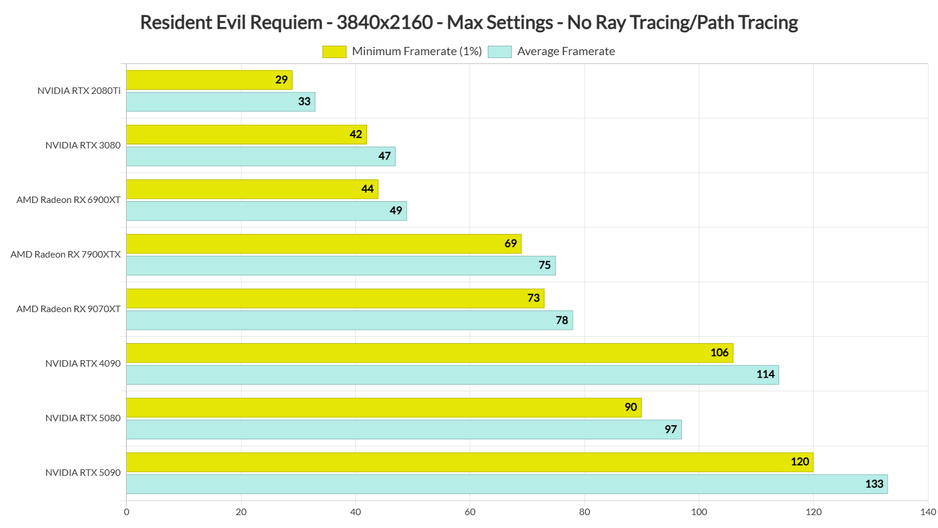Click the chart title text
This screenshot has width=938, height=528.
point(468,22)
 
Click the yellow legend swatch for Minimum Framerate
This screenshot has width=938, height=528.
point(334,52)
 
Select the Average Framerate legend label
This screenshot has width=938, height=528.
point(566,52)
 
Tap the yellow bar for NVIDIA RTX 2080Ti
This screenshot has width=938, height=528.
point(209,80)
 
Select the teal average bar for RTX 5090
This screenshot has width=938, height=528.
point(507,484)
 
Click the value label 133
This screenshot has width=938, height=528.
point(874,484)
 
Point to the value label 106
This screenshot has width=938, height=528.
point(719,353)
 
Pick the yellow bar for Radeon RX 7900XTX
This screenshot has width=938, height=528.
point(324,243)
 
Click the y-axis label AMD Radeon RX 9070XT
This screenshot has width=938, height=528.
point(69,309)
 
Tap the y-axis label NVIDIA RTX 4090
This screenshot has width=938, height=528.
point(83,364)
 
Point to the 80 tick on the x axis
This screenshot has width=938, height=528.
point(584,512)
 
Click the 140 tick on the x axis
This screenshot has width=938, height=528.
point(927,512)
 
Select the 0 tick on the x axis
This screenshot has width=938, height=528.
point(127,512)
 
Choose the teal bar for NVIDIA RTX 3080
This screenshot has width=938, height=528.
point(260,157)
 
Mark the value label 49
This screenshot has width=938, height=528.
point(396,211)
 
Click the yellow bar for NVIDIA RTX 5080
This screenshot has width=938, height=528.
point(383,407)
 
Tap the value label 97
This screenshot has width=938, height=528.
point(671,429)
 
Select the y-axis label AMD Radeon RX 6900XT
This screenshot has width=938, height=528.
point(69,200)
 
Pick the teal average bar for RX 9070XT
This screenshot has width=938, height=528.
point(349,320)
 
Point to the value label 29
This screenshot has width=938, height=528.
point(281,80)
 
